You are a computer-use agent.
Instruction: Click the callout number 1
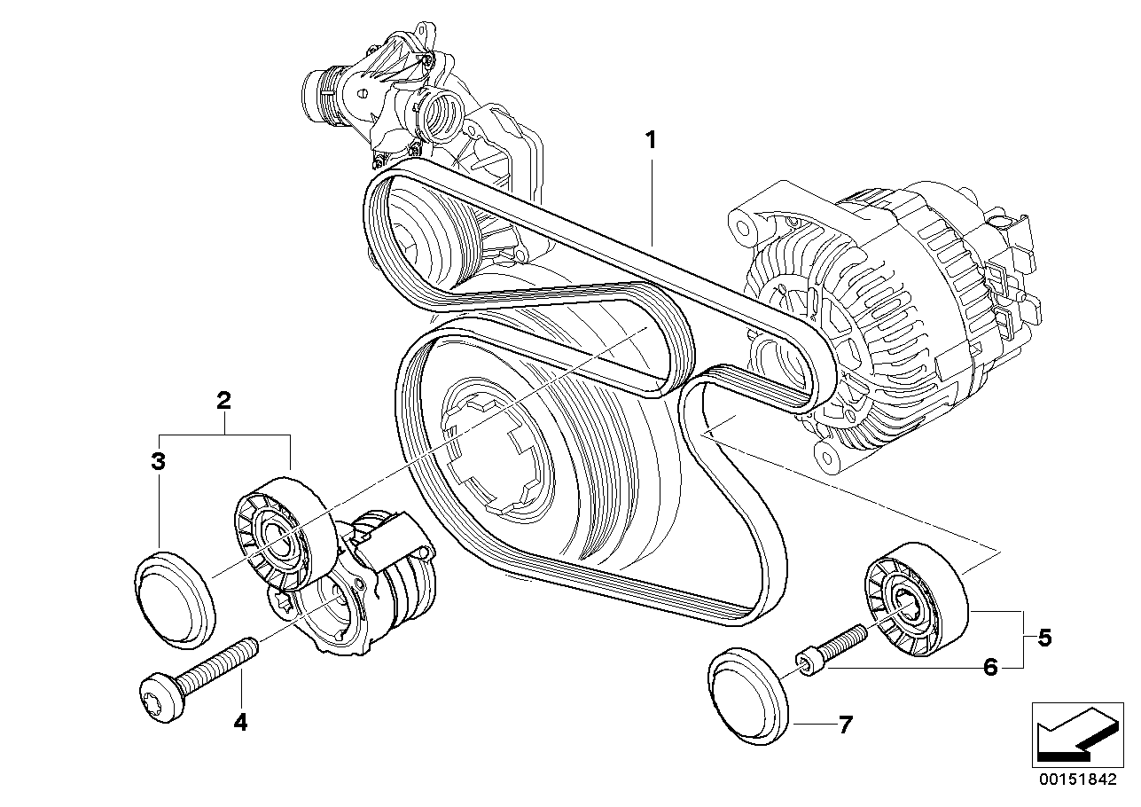[x=651, y=140]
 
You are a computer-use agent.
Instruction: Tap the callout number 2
[x=224, y=400]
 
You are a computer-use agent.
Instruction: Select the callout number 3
[x=158, y=461]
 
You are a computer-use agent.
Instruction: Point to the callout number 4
[x=240, y=722]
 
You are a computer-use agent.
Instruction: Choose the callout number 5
[x=1044, y=637]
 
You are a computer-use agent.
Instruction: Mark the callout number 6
[x=990, y=667]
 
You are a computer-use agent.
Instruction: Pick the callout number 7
[x=845, y=725]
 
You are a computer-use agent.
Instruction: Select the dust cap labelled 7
[x=747, y=692]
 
